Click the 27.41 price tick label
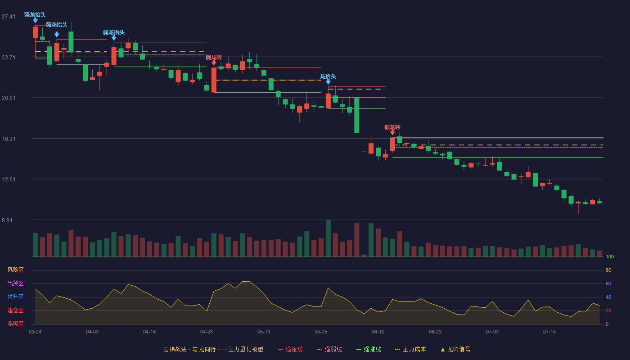click(x=9, y=16)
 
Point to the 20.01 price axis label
click(x=9, y=98)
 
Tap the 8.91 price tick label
click(x=7, y=220)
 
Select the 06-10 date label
click(x=378, y=332)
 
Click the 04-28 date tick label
click(x=207, y=332)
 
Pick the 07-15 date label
click(x=549, y=332)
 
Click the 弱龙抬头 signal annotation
click(x=113, y=32)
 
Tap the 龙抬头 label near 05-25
click(x=328, y=76)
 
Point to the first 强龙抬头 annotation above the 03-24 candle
click(x=35, y=14)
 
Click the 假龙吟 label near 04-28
click(x=214, y=58)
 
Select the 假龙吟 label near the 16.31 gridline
click(x=392, y=127)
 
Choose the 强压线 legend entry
click(x=291, y=349)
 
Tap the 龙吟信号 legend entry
click(x=455, y=349)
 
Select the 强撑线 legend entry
click(x=369, y=349)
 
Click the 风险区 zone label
click(x=15, y=270)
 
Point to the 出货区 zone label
click(x=15, y=283)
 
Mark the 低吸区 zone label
click(x=15, y=324)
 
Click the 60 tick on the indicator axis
click(x=608, y=283)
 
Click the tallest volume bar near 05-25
click(x=328, y=238)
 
